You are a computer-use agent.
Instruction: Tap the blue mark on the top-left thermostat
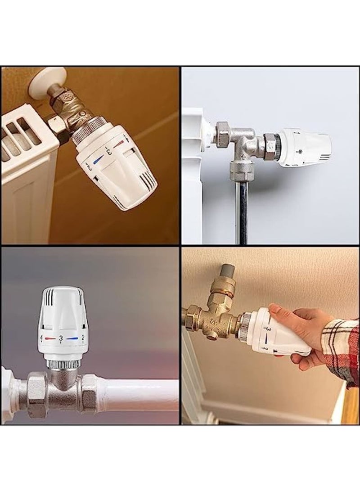click(x=98, y=159)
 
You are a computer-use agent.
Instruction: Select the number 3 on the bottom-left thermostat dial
click(x=61, y=337)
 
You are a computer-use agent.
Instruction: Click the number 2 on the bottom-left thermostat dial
click(x=82, y=337)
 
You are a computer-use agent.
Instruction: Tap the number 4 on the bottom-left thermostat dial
click(x=41, y=337)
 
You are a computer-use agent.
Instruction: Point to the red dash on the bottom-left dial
click(x=50, y=338)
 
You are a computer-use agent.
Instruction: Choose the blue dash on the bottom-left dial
click(x=72, y=338)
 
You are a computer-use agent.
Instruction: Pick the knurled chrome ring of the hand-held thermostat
click(x=245, y=327)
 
